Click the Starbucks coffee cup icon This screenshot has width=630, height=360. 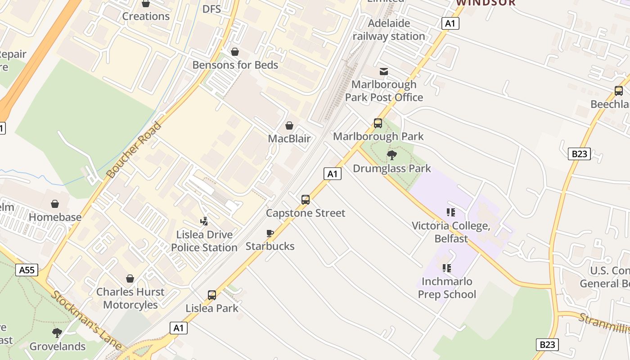click(270, 233)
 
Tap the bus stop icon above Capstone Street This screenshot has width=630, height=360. click(306, 200)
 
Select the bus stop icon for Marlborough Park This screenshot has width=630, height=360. click(378, 123)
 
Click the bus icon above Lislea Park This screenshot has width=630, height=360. click(212, 295)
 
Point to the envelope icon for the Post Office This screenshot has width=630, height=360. click(384, 72)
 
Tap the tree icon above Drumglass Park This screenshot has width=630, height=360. click(392, 155)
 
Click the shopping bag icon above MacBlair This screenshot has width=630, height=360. click(289, 126)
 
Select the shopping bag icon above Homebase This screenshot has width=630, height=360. click(55, 204)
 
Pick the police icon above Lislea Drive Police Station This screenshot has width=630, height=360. click(204, 221)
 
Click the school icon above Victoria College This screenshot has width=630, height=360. click(450, 212)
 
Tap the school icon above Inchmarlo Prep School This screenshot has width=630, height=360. click(447, 268)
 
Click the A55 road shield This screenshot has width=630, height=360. click(27, 270)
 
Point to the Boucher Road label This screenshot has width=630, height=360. click(134, 149)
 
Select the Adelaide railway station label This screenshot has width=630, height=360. click(389, 30)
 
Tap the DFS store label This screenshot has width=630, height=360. click(211, 9)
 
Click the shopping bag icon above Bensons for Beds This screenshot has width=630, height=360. click(234, 52)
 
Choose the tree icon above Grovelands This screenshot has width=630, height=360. click(57, 333)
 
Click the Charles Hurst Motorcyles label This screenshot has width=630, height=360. click(130, 298)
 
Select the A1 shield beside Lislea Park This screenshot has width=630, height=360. click(179, 328)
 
